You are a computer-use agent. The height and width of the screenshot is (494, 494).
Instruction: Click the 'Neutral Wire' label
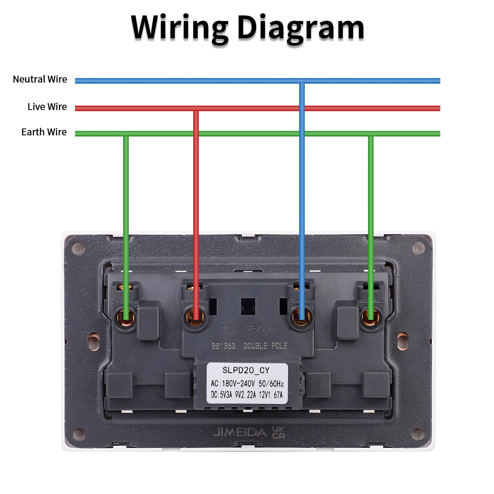pyautogui.click(x=40, y=79)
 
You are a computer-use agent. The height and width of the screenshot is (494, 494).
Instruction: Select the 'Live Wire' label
pyautogui.click(x=47, y=107)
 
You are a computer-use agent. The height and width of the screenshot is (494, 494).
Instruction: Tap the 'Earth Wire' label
pyautogui.click(x=44, y=132)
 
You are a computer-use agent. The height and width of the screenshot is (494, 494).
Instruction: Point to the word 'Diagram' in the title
pyautogui.click(x=301, y=28)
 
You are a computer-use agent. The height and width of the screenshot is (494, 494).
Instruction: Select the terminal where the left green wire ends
pyautogui.click(x=126, y=317)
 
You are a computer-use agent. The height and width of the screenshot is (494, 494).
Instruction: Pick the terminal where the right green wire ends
pyautogui.click(x=371, y=317)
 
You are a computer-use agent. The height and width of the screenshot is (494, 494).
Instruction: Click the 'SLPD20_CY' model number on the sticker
pyautogui.click(x=246, y=370)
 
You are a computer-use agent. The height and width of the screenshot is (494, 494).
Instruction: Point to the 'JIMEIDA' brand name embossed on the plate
pyautogui.click(x=240, y=432)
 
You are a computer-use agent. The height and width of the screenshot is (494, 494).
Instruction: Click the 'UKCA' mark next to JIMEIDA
pyautogui.click(x=278, y=432)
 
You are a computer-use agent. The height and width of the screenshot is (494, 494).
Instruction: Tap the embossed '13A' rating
pyautogui.click(x=230, y=329)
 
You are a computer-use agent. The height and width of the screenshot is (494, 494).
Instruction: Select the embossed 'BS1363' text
pyautogui.click(x=224, y=346)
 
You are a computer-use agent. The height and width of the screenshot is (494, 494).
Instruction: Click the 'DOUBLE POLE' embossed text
pyautogui.click(x=265, y=346)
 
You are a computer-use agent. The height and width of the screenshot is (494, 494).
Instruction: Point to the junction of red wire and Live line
pyautogui.click(x=196, y=108)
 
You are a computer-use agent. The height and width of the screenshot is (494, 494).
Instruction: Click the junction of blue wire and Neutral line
pyautogui.click(x=302, y=81)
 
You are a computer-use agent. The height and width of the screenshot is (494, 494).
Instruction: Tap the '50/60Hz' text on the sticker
pyautogui.click(x=271, y=383)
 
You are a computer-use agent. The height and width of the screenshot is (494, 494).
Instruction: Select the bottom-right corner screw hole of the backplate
pyautogui.click(x=418, y=433)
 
